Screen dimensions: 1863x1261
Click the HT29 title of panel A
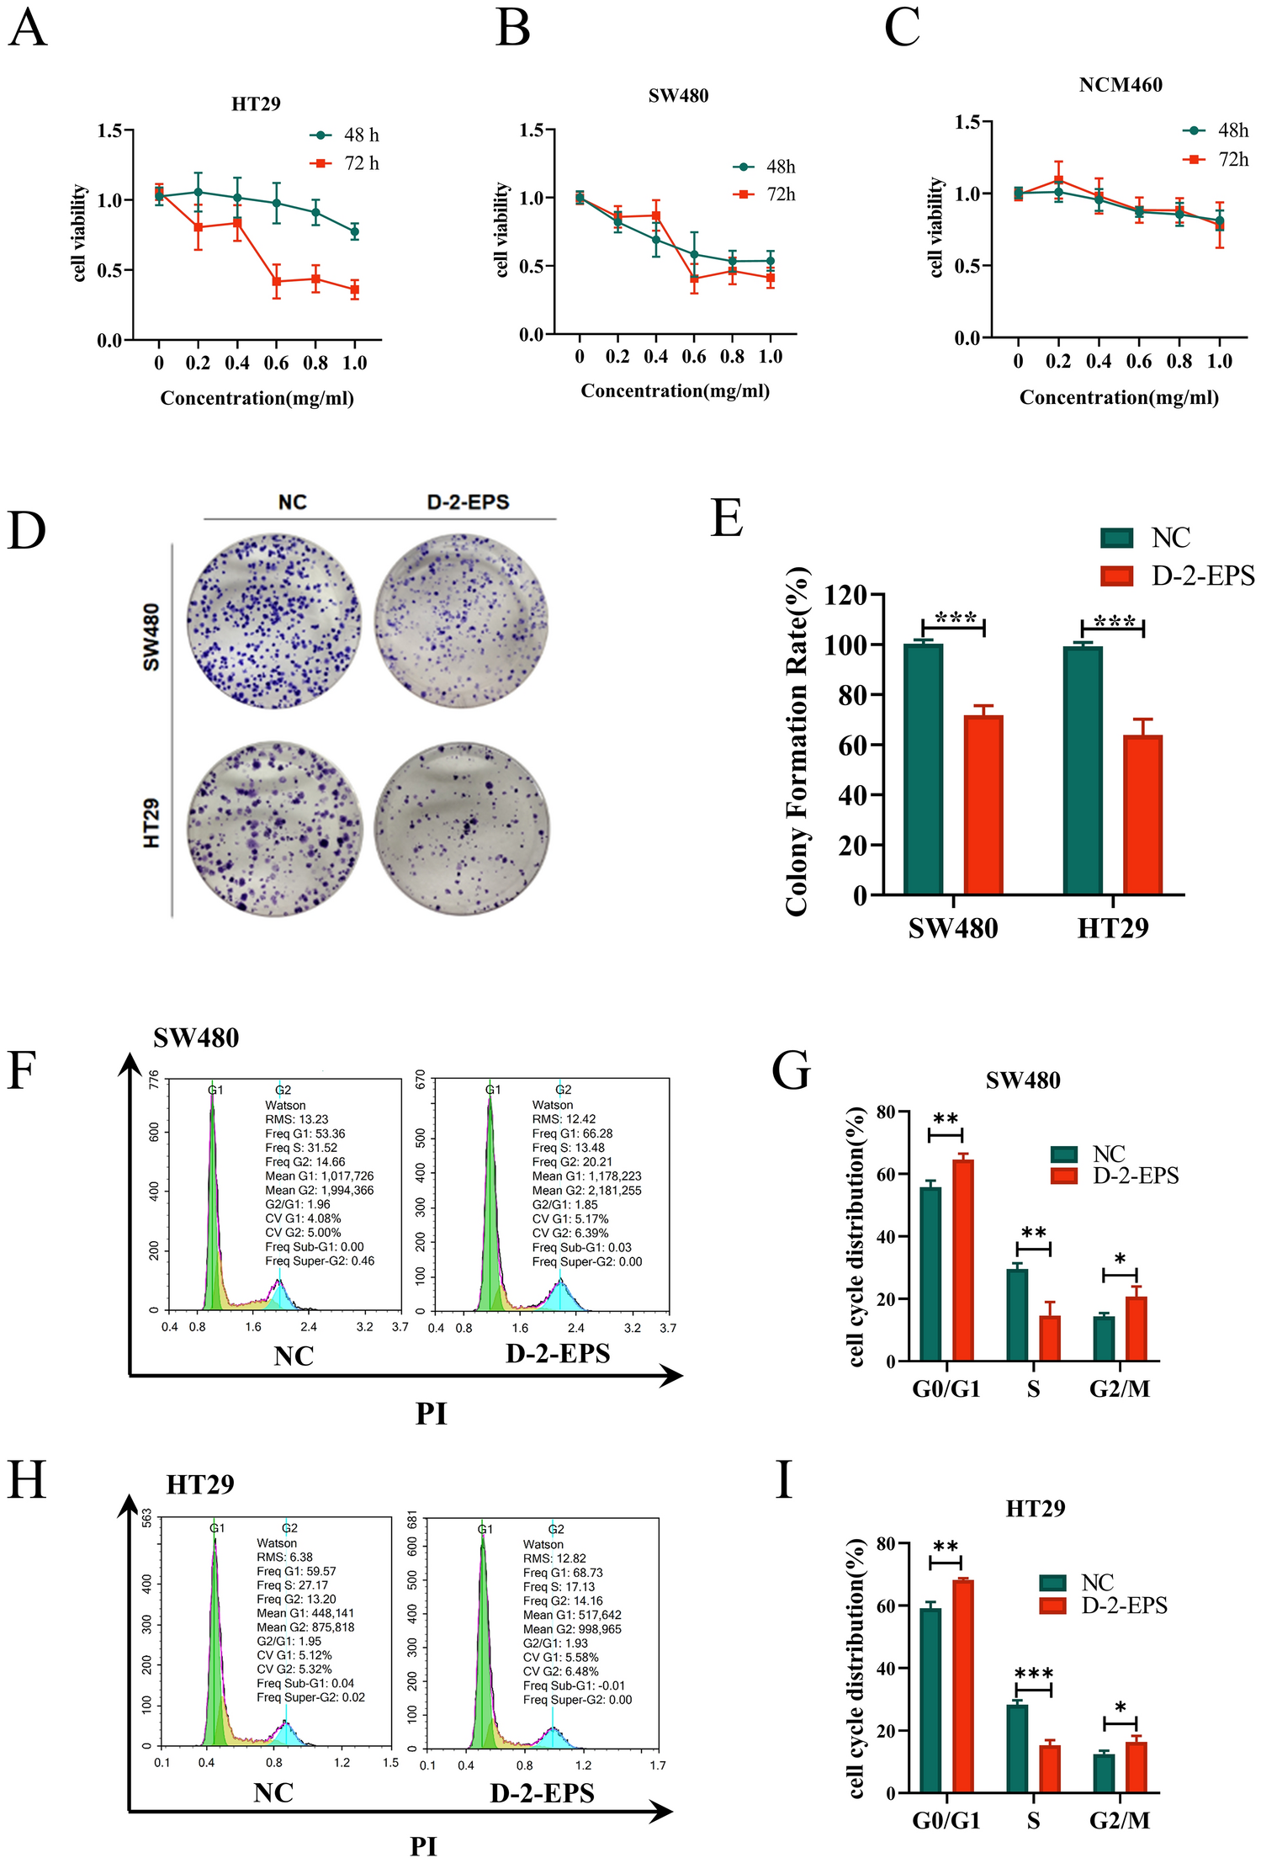coord(256,103)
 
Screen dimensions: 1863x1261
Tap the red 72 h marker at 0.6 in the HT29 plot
coord(276,282)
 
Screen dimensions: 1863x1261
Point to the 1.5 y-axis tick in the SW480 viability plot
coord(531,130)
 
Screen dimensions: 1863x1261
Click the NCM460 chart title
coord(1120,85)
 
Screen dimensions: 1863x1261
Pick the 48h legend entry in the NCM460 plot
coord(1216,130)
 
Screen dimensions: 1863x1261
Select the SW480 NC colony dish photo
coord(274,621)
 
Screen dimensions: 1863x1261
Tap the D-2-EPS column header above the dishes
coord(468,502)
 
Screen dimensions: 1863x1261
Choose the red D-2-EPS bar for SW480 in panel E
coord(983,804)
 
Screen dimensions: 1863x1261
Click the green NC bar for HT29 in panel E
coord(1083,769)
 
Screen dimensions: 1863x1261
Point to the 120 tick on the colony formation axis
coord(845,596)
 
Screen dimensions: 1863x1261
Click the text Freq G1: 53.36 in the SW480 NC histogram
coord(305,1133)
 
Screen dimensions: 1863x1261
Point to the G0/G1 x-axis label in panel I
coord(946,1821)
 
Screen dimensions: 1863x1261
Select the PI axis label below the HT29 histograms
coord(423,1847)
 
